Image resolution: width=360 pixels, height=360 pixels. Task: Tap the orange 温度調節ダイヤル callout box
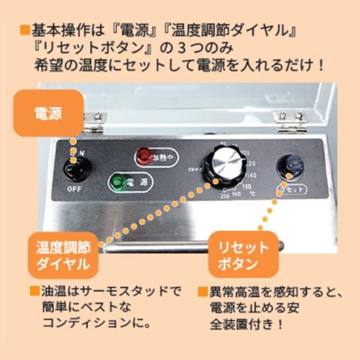pyautogui.click(x=62, y=254)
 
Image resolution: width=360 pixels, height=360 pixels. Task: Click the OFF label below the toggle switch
pyautogui.click(x=74, y=189)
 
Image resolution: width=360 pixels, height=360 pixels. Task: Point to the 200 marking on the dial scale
pyautogui.click(x=226, y=196)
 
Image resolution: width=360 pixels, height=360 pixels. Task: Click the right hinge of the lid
pyautogui.click(x=292, y=122)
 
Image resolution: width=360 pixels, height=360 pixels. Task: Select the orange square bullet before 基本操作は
pyautogui.click(x=25, y=29)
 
